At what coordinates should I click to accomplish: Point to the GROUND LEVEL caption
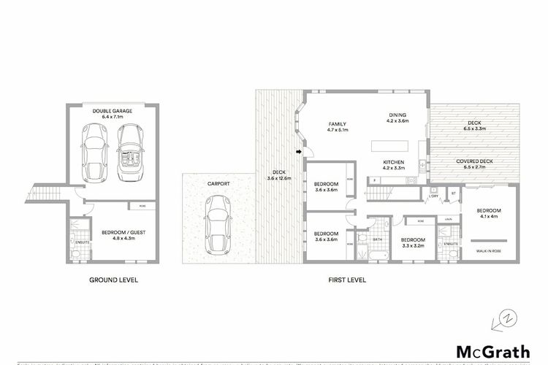tap(113, 280)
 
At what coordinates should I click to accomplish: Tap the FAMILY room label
tap(338, 124)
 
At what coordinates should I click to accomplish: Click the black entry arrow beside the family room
tap(299, 152)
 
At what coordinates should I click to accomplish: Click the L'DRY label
tap(433, 196)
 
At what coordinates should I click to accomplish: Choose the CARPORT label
tap(218, 183)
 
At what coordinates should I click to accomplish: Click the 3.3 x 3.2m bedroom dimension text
tap(412, 245)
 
